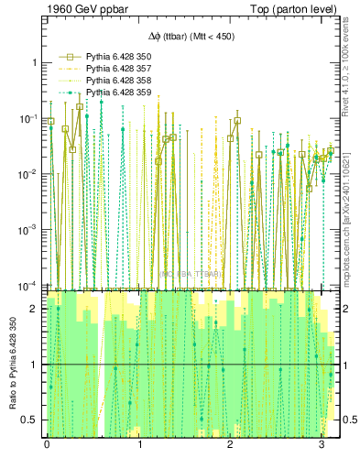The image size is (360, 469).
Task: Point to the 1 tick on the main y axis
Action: (x=34, y=62)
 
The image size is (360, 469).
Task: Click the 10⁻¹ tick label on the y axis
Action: (x=28, y=118)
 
